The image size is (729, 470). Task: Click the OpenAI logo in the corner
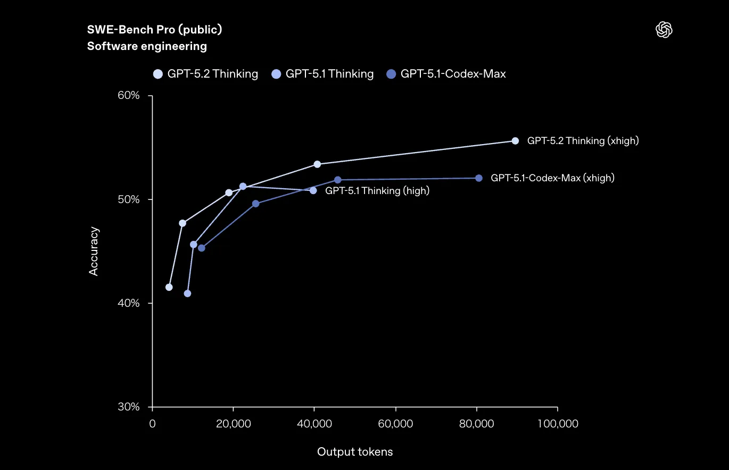(x=664, y=30)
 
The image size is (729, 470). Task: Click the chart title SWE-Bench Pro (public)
(x=154, y=30)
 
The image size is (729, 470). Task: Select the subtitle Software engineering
(x=147, y=46)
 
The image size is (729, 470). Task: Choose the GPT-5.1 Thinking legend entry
(x=322, y=74)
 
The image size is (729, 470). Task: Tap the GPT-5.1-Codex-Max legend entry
(x=446, y=74)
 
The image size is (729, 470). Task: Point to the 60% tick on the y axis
(x=128, y=96)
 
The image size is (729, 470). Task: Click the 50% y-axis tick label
(x=128, y=200)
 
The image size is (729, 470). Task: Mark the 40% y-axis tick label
(x=128, y=304)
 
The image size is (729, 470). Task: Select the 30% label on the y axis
(x=128, y=407)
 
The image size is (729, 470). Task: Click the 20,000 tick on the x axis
(x=233, y=424)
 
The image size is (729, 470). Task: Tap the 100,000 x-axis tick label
(x=557, y=424)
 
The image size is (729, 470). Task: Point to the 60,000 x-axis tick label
(x=395, y=424)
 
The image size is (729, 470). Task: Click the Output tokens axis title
(x=355, y=452)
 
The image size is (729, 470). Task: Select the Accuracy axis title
(x=94, y=251)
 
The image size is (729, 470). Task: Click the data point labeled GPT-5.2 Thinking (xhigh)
(x=515, y=141)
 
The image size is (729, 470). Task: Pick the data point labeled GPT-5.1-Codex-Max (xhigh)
(x=479, y=178)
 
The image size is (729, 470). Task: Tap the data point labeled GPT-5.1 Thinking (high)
(x=313, y=190)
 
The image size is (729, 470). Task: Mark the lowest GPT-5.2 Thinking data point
(x=169, y=287)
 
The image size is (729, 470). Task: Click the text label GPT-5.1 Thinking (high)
(x=377, y=191)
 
